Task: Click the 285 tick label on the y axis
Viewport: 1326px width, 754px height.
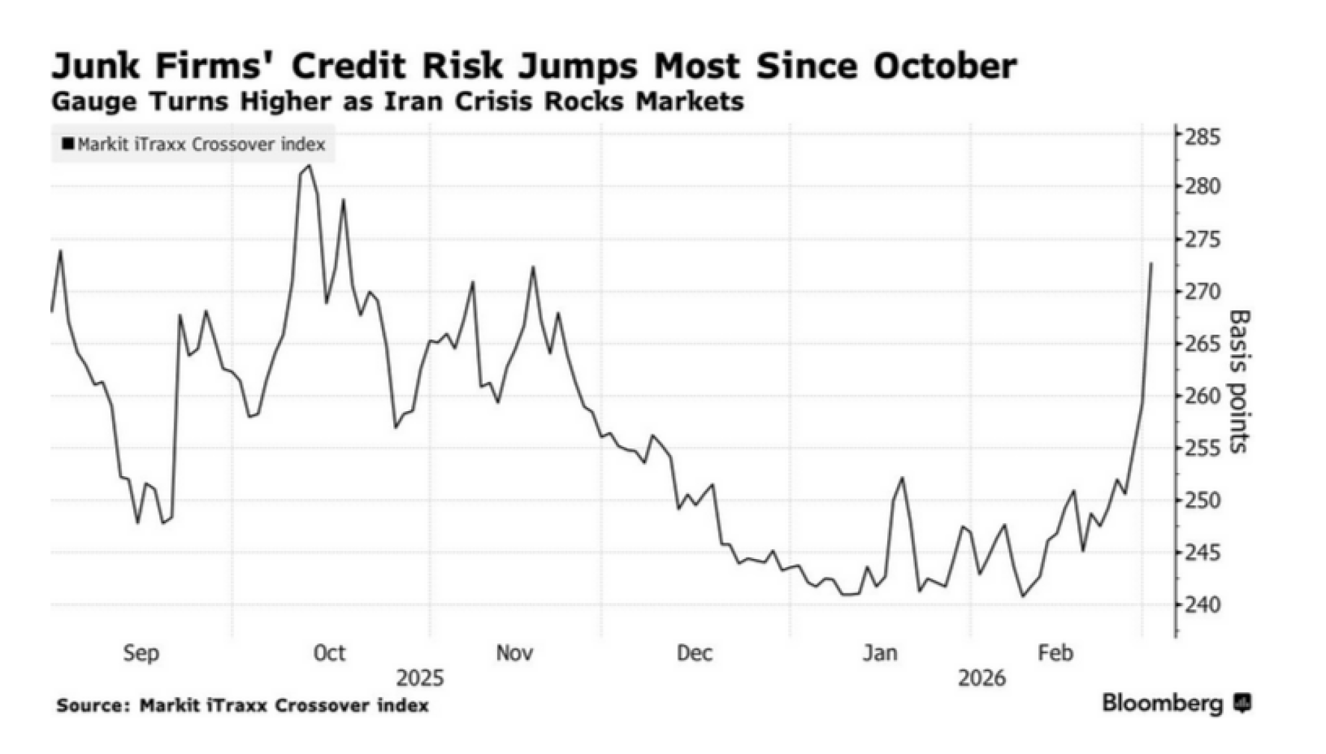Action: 1202,137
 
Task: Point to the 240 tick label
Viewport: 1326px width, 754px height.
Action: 1202,605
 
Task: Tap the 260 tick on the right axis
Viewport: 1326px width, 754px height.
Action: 1202,396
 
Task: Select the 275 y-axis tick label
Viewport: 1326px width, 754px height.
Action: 1202,239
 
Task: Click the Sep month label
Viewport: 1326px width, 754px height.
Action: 141,653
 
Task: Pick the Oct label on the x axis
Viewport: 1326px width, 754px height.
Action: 329,653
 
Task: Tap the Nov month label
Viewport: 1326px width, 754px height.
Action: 514,653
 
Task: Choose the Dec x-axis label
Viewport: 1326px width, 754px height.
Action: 694,653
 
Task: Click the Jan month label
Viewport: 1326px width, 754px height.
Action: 880,653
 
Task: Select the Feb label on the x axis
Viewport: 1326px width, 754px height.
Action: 1055,653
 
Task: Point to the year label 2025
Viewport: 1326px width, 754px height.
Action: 420,678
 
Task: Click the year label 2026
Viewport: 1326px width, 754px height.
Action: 982,678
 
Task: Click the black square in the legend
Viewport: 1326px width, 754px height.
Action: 68,143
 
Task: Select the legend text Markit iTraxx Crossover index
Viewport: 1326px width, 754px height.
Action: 201,144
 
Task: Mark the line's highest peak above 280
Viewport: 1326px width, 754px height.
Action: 309,166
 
